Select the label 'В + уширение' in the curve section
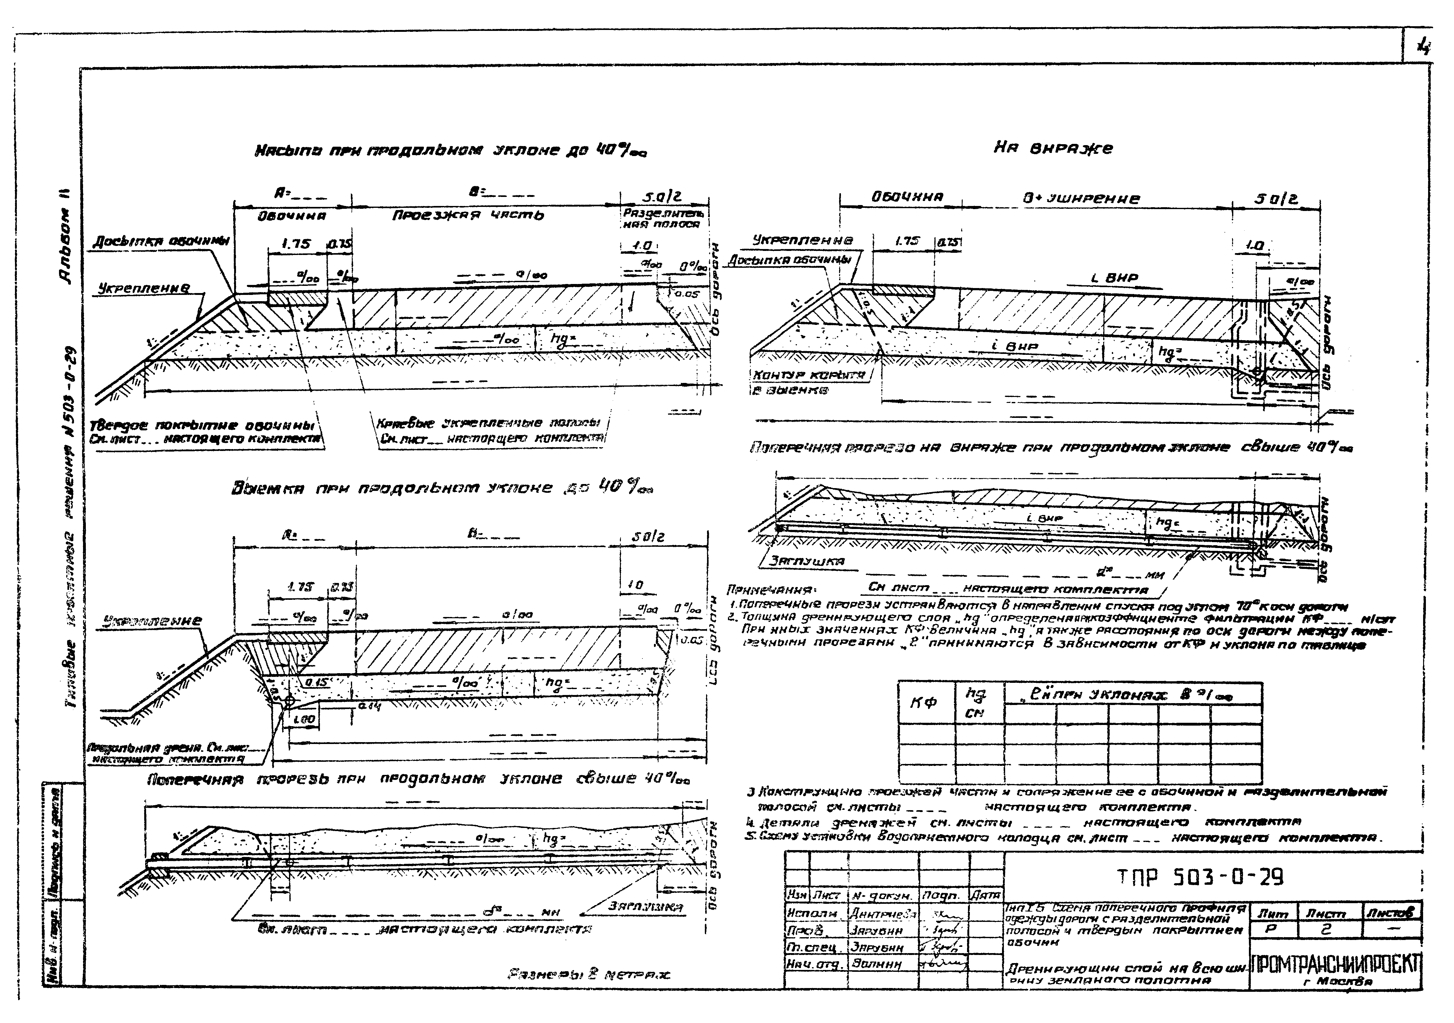click(x=1082, y=198)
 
